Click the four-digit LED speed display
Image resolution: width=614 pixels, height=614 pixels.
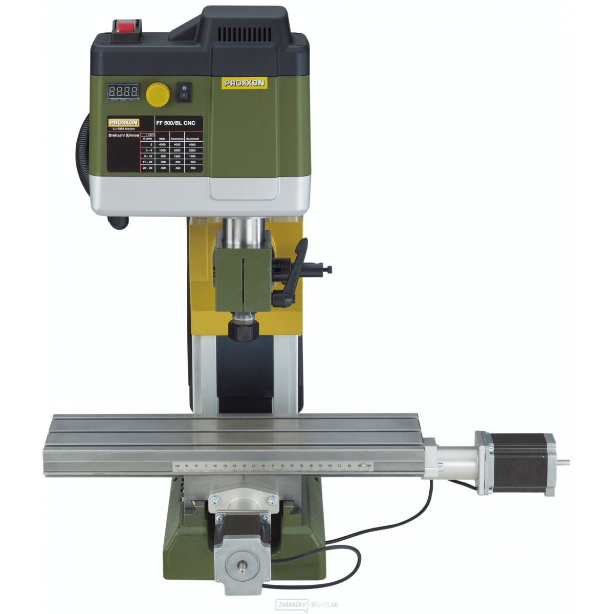coord(123,92)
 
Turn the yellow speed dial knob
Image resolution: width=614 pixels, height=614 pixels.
coord(158,94)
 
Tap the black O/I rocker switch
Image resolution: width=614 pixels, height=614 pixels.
coord(184,92)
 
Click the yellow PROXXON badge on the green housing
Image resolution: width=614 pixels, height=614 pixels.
coord(244,83)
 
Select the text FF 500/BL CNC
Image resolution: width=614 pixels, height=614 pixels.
coord(176,123)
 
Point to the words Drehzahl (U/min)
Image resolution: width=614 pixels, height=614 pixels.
coord(123,136)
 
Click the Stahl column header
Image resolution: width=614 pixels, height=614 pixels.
coord(162,139)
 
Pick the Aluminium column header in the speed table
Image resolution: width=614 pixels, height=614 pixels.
coord(177,139)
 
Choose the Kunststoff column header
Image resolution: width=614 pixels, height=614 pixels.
coord(192,139)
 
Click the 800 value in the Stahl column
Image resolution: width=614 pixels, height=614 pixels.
coord(163,156)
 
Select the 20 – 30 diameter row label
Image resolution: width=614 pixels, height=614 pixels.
coord(147,168)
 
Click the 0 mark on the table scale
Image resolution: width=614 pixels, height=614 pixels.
coord(272,466)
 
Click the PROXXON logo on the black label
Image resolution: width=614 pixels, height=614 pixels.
coord(123,123)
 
